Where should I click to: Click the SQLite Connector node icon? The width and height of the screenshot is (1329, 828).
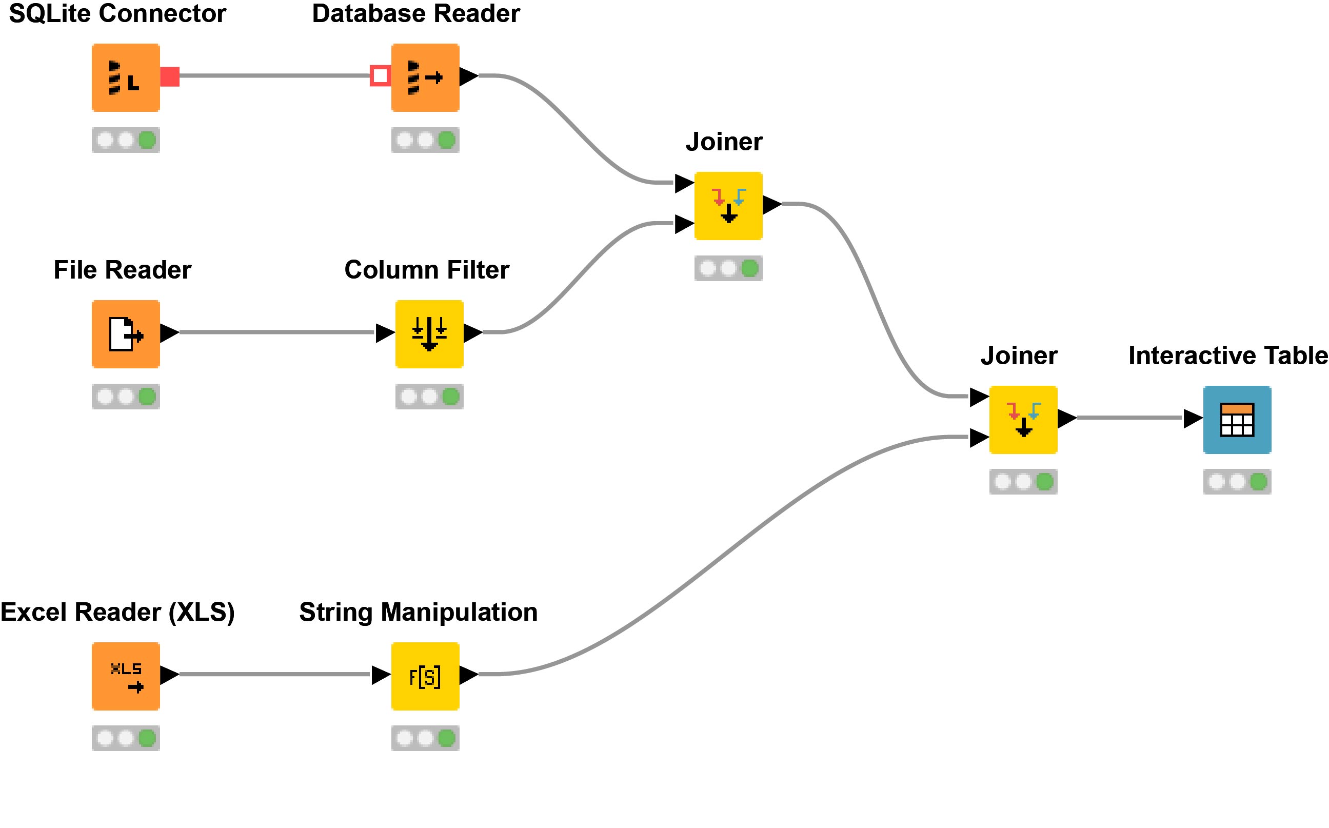(x=125, y=77)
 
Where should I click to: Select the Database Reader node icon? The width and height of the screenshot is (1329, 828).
(x=425, y=77)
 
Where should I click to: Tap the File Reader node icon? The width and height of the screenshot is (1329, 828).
(x=125, y=333)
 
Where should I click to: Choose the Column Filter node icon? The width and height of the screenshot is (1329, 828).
(x=429, y=333)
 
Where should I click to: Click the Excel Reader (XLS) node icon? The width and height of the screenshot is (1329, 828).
(x=125, y=676)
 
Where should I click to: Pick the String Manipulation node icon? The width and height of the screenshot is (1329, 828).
(x=425, y=676)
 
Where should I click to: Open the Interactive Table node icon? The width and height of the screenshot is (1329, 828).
(x=1237, y=420)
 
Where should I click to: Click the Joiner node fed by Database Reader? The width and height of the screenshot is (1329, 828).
(x=728, y=205)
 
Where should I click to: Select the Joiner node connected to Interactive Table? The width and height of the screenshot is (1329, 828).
(x=1022, y=420)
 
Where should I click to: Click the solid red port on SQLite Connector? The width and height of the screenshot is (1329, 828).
(x=170, y=76)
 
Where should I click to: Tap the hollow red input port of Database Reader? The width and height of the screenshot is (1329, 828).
(x=380, y=75)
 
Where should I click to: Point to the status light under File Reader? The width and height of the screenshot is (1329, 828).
(x=125, y=396)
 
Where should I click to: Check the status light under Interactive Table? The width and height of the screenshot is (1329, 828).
(x=1237, y=481)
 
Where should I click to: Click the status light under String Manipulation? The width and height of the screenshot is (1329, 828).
(x=425, y=738)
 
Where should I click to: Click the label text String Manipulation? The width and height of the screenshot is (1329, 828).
(x=418, y=612)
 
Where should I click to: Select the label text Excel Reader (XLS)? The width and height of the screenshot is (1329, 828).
(x=117, y=612)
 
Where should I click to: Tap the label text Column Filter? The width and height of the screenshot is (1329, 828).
(x=426, y=269)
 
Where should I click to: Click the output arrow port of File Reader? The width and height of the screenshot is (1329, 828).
(x=169, y=332)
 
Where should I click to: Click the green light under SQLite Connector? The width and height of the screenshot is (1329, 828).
(x=147, y=140)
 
